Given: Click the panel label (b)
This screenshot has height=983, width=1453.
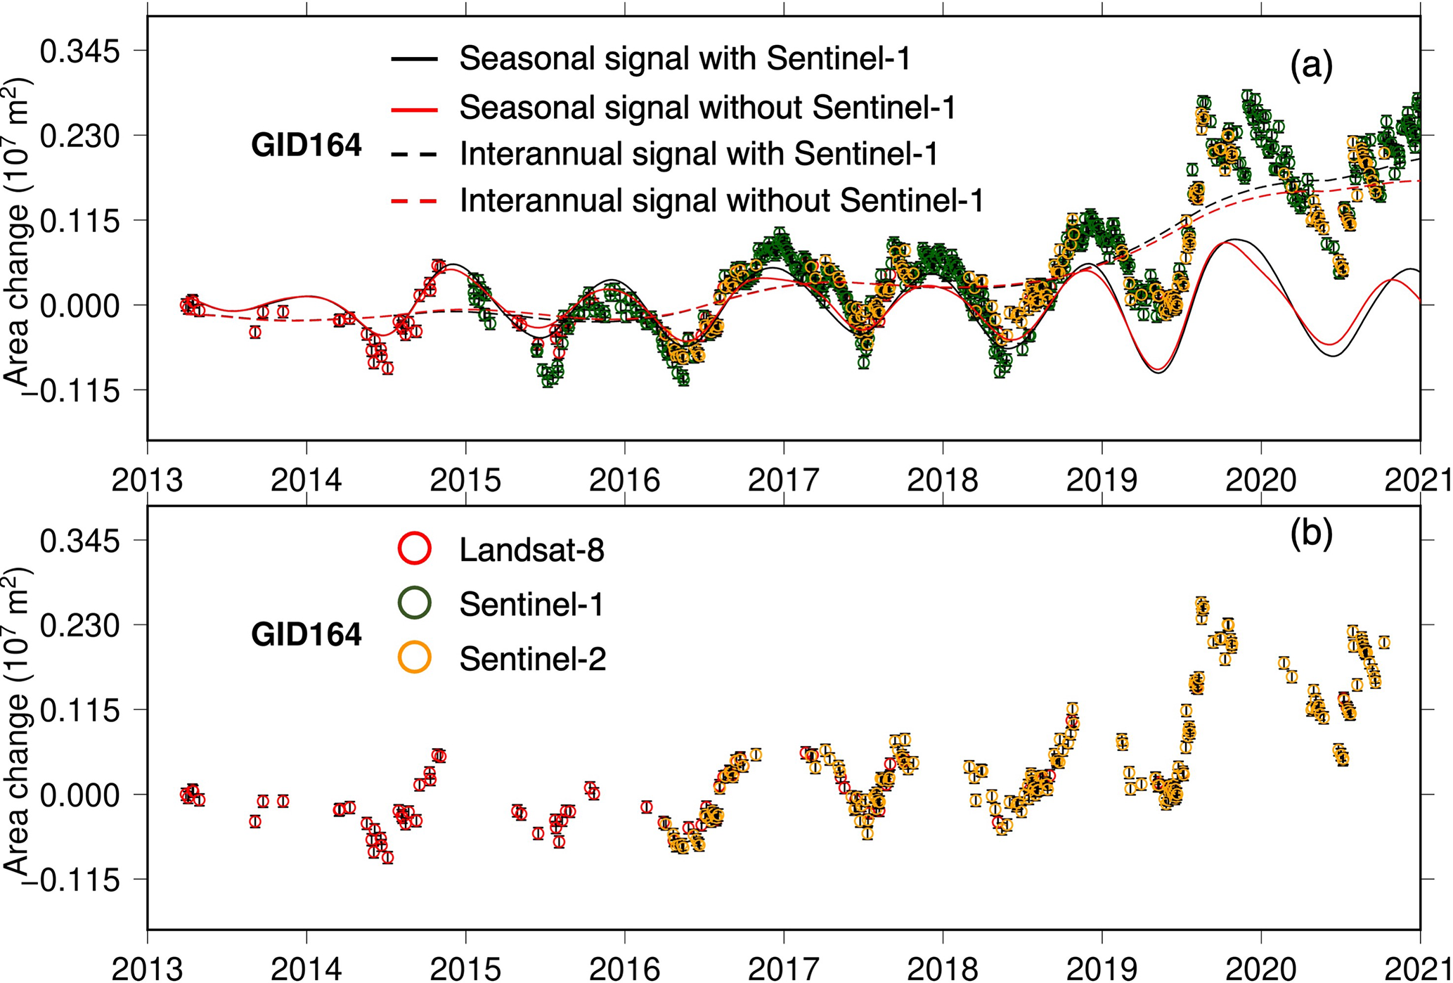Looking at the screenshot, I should [1312, 534].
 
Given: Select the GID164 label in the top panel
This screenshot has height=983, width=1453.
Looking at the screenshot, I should [306, 146].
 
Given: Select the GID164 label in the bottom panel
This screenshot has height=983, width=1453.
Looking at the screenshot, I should [306, 635].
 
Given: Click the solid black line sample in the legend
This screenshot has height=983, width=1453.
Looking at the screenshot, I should [414, 59].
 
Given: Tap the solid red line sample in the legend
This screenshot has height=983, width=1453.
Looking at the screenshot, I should [414, 108].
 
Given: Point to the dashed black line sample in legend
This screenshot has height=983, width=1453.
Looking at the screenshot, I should [414, 154].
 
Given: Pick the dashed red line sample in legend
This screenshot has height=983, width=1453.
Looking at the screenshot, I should [414, 201].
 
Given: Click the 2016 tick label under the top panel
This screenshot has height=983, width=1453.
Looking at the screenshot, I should [624, 481].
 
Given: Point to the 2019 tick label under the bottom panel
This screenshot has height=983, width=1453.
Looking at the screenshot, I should [1102, 969].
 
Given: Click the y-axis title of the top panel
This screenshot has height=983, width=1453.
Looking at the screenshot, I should [18, 232].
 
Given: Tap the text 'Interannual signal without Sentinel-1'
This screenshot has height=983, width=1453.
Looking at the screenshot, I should [721, 201].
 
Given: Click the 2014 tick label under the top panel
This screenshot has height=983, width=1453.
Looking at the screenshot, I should [306, 481].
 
